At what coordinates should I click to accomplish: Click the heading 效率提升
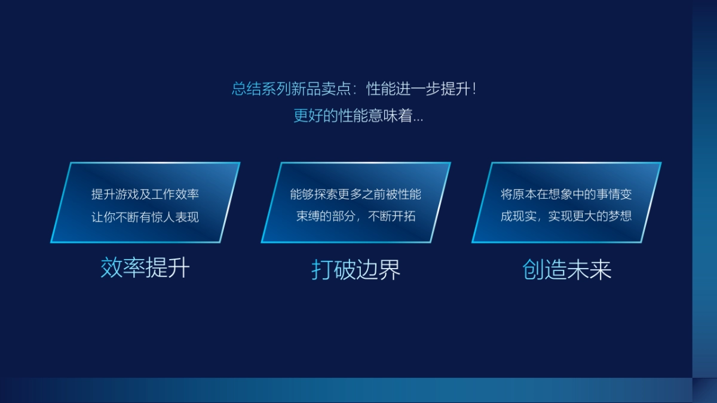tap(145, 268)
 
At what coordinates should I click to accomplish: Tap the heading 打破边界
tap(356, 270)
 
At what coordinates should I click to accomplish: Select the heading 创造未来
tap(567, 270)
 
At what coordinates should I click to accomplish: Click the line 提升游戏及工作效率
tap(145, 194)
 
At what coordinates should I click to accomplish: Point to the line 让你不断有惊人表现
tap(145, 216)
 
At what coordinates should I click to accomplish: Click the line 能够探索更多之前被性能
tap(356, 194)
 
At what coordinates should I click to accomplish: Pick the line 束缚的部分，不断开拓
tap(356, 216)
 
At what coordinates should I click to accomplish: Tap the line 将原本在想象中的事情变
tap(566, 194)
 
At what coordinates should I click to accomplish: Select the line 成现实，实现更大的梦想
tap(566, 216)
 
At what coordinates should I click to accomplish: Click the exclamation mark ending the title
tap(474, 90)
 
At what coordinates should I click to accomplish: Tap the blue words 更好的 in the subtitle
tap(315, 116)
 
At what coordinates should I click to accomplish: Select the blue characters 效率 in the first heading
tap(122, 268)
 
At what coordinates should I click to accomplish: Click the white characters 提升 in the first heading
tap(168, 268)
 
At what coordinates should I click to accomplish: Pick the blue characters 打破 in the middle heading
tap(333, 270)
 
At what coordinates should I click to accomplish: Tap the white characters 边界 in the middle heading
tap(379, 270)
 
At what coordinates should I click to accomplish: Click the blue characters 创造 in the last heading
tap(544, 270)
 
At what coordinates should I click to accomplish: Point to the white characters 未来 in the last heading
tap(590, 270)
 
